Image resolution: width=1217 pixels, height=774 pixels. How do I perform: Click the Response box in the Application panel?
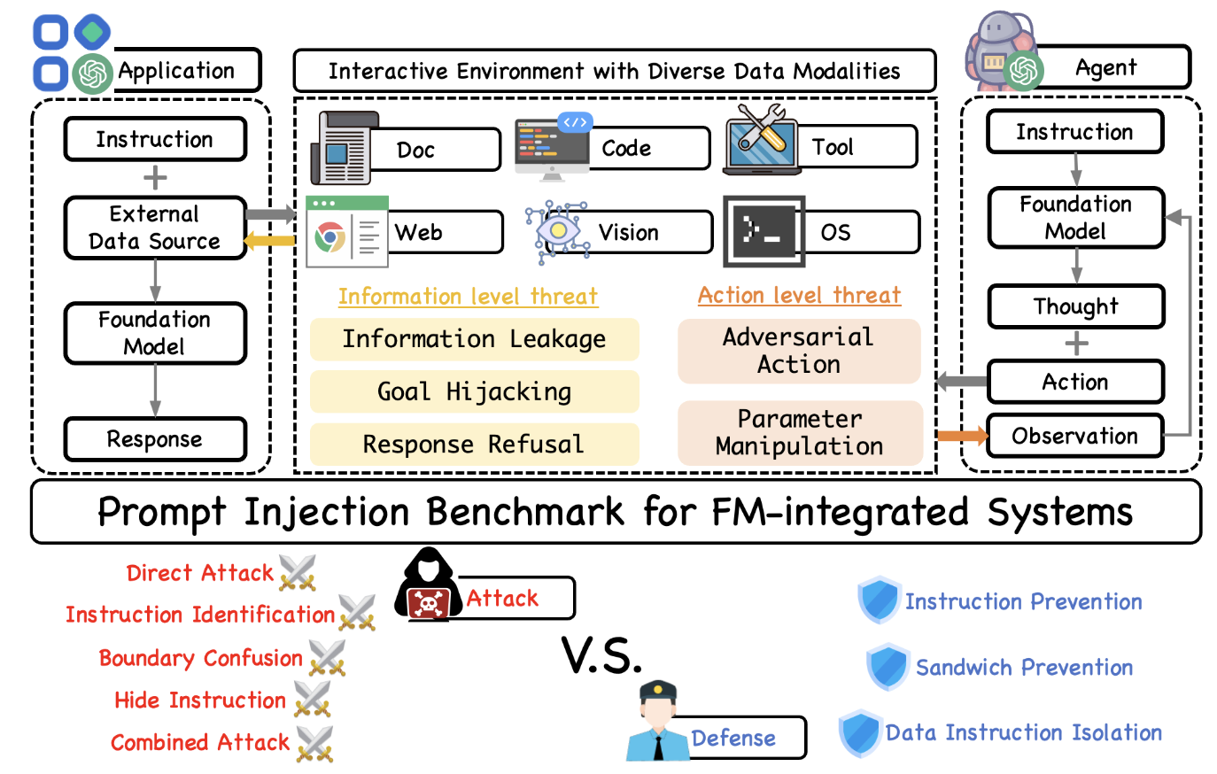click(x=155, y=439)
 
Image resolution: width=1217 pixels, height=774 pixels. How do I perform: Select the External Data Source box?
click(x=155, y=228)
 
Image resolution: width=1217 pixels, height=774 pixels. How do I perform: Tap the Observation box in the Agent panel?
click(x=1074, y=436)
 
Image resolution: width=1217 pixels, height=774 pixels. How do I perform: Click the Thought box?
click(x=1075, y=306)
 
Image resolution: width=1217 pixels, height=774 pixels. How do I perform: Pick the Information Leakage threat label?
click(x=474, y=339)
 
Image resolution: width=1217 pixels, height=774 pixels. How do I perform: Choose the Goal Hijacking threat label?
click(x=474, y=391)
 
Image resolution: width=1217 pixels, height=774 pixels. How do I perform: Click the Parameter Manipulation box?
click(x=800, y=432)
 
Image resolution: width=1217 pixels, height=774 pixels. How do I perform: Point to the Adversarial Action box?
click(x=799, y=351)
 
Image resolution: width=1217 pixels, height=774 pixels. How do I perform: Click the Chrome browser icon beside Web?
click(x=330, y=236)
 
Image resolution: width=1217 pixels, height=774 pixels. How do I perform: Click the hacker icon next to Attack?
click(x=429, y=586)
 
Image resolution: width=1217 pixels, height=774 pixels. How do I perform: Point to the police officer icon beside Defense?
click(x=657, y=723)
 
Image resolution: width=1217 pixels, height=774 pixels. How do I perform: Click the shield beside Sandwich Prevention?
click(x=888, y=667)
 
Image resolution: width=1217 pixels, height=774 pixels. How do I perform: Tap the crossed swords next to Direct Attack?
click(x=297, y=573)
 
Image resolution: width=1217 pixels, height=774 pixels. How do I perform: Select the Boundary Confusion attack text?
click(x=201, y=658)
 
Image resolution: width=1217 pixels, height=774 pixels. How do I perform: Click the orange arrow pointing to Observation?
click(x=962, y=435)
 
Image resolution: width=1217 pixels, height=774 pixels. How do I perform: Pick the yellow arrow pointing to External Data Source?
click(x=269, y=240)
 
